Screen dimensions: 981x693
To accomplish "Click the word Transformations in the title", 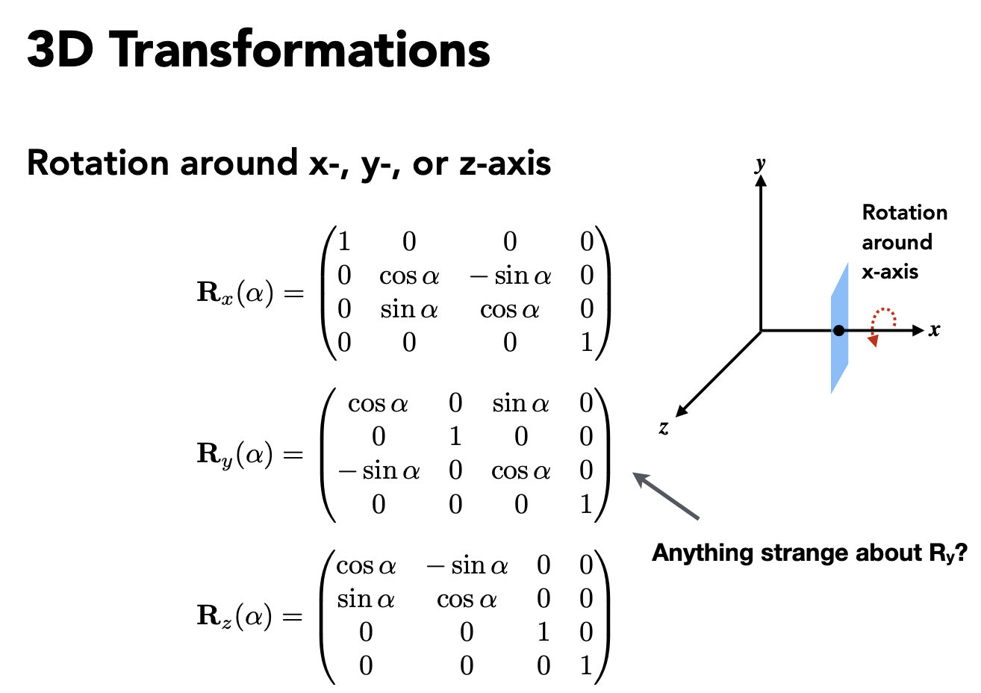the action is tap(302, 50).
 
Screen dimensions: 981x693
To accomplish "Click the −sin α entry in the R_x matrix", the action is tap(511, 276).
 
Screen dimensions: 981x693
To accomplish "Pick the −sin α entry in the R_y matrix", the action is tap(379, 471).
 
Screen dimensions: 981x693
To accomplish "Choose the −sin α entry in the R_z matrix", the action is tap(467, 566).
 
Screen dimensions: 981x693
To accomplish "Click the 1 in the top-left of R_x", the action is tap(344, 242).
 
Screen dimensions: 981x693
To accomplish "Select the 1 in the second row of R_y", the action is tap(455, 437).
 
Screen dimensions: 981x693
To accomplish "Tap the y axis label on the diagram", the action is tap(760, 164).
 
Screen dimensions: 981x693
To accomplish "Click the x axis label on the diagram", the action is tap(934, 329).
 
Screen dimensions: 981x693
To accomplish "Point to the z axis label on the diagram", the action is tap(664, 428).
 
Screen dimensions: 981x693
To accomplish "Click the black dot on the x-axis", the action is tap(839, 330).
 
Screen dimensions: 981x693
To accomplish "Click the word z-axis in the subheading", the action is tap(505, 163).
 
